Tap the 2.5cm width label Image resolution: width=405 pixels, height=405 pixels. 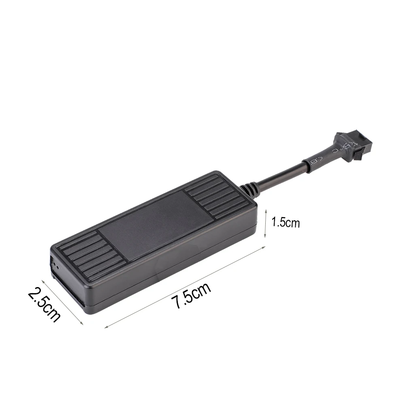(x=44, y=304)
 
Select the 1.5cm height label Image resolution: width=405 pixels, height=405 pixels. (x=286, y=222)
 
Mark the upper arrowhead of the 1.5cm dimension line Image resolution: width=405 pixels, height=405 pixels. (x=265, y=210)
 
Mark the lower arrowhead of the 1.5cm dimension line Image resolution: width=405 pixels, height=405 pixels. (x=265, y=237)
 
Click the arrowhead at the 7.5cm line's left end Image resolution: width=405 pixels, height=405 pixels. (x=106, y=326)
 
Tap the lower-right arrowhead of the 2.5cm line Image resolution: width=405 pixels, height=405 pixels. (x=83, y=324)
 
